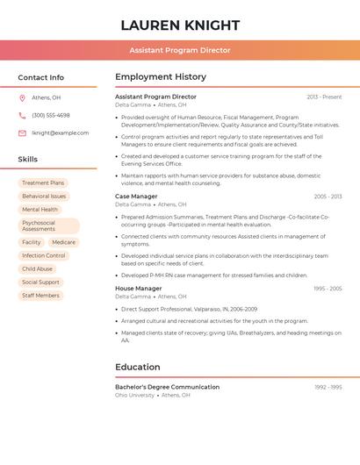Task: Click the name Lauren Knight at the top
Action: point(180,25)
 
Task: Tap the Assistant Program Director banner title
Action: point(180,50)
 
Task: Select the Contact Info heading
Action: point(40,77)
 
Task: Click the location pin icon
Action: point(22,97)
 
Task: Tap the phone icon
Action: point(22,115)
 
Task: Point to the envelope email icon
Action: point(22,133)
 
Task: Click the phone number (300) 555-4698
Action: point(51,115)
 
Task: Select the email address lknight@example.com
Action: point(60,133)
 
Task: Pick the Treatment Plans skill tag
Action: point(43,183)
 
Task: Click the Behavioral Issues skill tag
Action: point(44,197)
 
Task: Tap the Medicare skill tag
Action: point(63,242)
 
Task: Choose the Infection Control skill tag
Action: point(44,255)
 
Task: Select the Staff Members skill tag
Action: point(40,296)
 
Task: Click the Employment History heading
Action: point(161,77)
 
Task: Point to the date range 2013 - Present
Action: point(324,97)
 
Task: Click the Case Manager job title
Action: point(136,197)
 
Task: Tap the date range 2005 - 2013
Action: point(328,197)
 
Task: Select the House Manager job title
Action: point(138,289)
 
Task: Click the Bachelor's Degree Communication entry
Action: point(167,387)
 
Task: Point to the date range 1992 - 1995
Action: point(328,387)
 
